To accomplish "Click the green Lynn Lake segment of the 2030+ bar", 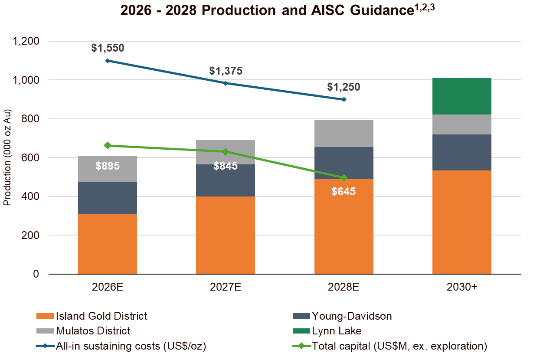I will click(x=462, y=96).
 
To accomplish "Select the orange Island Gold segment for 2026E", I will click(x=108, y=243).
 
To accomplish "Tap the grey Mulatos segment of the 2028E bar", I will click(x=344, y=134).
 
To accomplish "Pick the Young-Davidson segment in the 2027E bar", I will click(x=226, y=180).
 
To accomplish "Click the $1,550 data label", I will click(x=108, y=48).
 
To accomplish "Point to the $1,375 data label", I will click(x=226, y=71).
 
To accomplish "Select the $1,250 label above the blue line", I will click(x=344, y=87).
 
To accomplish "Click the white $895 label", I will click(x=108, y=166).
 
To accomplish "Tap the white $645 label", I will click(x=344, y=191).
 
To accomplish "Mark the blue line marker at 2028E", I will click(x=344, y=99).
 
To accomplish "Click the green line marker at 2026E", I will click(x=108, y=145).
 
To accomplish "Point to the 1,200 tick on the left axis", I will click(x=26, y=41).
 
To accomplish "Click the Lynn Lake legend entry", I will click(x=336, y=331).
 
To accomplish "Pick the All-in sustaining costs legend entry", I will click(x=130, y=346).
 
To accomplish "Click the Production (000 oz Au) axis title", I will click(x=7, y=158).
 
